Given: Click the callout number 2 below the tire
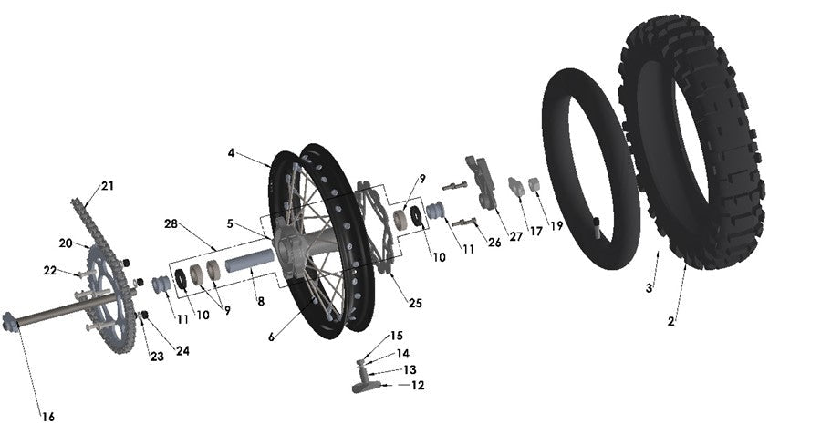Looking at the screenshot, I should click(671, 322).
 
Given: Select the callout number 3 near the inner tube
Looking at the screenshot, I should click(649, 287).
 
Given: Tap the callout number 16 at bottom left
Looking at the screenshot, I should click(47, 417).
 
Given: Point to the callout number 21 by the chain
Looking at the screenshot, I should click(108, 186).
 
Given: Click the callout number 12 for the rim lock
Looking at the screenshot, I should click(418, 386).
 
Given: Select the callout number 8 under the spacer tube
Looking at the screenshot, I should click(261, 301).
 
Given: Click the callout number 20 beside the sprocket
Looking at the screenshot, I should click(65, 243).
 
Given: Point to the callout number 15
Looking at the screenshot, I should click(396, 336).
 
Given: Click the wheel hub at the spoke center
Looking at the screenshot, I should click(290, 251).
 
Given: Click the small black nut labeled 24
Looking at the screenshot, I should click(144, 316).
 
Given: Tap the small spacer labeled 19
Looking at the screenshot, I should click(535, 185).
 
